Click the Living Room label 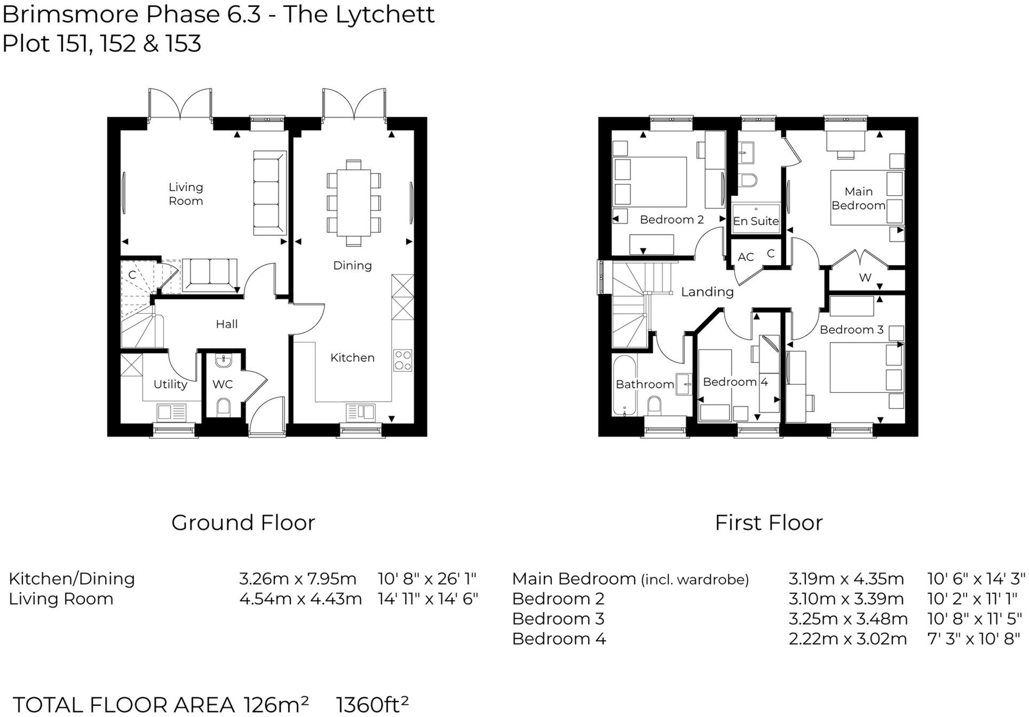[186, 194]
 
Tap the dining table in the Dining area [353, 203]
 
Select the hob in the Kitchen [402, 360]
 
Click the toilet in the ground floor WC [224, 408]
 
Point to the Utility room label [170, 384]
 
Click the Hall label [226, 324]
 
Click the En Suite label [756, 221]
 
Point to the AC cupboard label [746, 257]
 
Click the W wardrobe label [865, 277]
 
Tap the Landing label [707, 292]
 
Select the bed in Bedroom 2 [650, 181]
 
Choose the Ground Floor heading [243, 523]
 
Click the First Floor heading [769, 523]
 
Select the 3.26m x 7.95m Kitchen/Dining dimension [297, 579]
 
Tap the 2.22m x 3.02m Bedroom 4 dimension [848, 639]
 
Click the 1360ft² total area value [372, 705]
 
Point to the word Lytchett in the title [385, 15]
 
